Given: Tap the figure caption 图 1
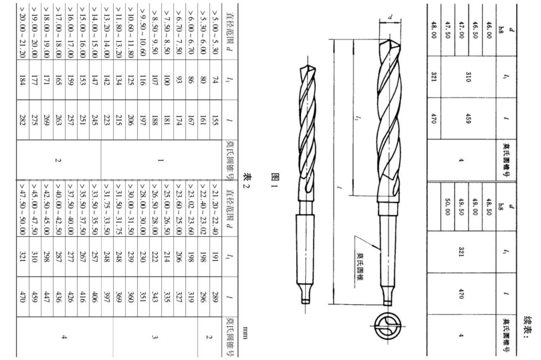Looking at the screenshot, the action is [276, 180].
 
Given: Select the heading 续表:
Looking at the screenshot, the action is [528, 328].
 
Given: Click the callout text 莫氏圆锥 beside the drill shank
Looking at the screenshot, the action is [360, 266].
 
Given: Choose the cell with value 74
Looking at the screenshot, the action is [215, 80].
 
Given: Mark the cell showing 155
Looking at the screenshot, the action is [215, 120].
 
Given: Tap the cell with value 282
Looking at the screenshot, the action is [23, 120].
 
